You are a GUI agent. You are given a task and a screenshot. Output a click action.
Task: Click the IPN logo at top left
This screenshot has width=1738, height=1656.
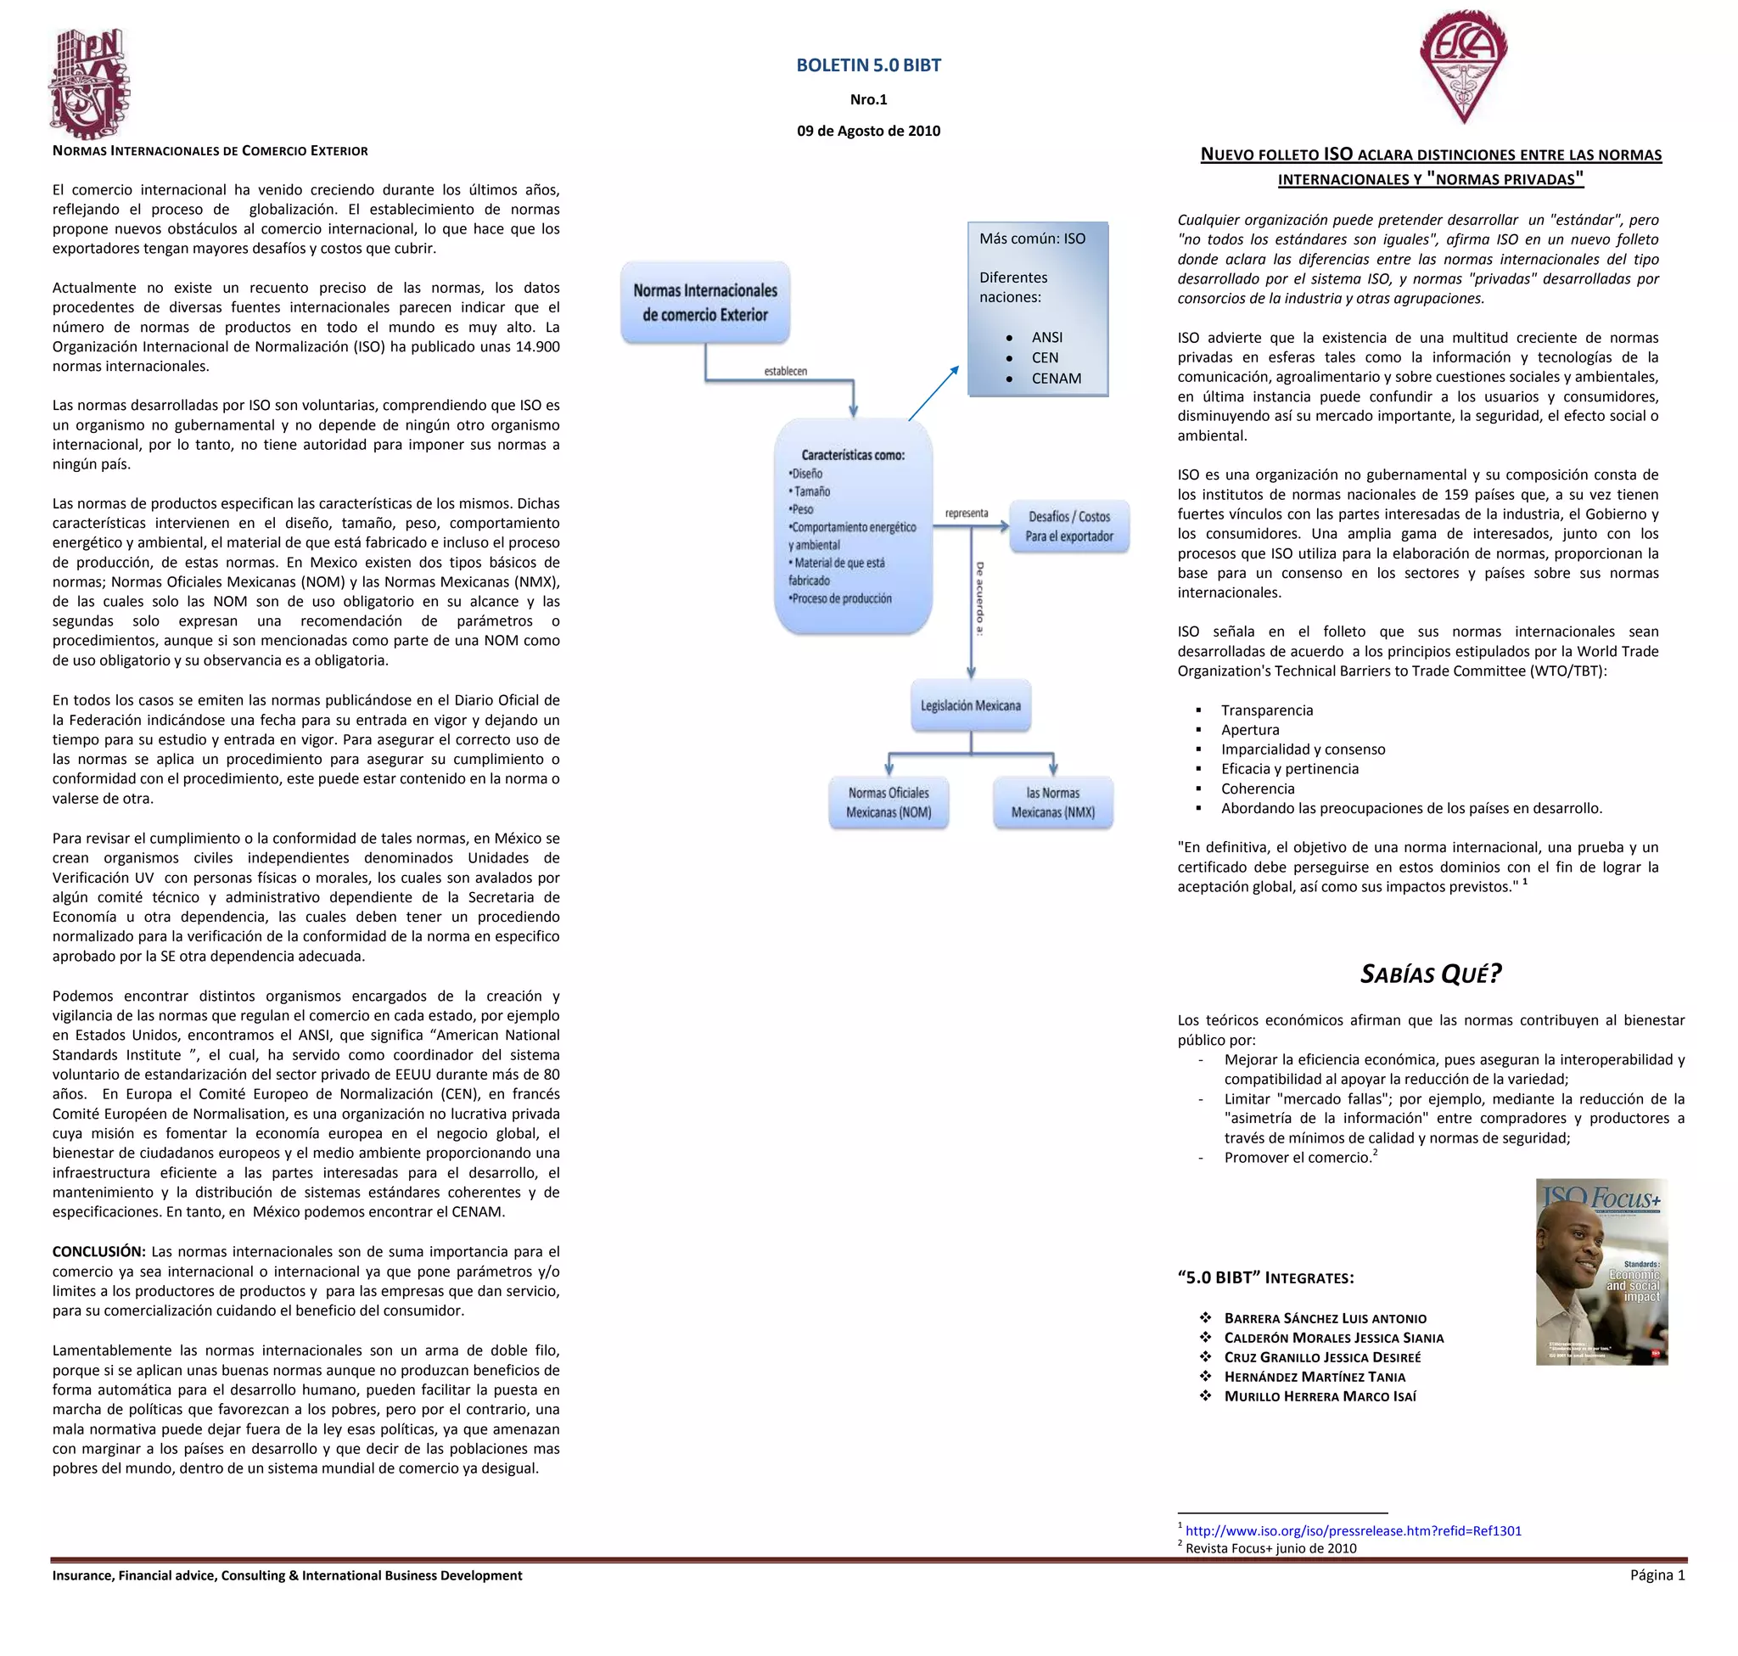point(88,84)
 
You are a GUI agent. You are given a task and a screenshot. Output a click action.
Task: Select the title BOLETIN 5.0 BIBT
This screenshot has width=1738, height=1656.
point(867,65)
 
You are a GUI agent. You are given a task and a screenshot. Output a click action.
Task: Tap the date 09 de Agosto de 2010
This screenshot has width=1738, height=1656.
point(867,131)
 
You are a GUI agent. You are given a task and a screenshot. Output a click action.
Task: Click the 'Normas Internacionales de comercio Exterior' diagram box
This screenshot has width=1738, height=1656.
point(704,303)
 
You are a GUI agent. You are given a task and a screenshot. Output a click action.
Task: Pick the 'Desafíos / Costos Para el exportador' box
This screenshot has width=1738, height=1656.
point(1068,527)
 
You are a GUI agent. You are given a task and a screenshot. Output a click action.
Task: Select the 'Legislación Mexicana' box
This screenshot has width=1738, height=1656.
point(970,705)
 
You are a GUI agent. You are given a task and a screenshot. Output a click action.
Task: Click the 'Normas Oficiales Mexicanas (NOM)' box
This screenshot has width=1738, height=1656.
point(888,802)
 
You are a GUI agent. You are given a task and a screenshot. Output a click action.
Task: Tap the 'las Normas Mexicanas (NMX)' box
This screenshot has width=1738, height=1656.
point(1052,802)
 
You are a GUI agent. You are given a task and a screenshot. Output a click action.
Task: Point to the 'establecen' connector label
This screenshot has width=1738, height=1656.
point(785,371)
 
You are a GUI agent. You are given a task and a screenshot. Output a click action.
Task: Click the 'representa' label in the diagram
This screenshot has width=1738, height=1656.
point(967,513)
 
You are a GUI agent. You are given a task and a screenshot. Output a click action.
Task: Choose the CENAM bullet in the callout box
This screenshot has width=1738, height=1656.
point(1056,379)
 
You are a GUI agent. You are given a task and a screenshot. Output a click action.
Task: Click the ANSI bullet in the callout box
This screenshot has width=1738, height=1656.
point(1047,337)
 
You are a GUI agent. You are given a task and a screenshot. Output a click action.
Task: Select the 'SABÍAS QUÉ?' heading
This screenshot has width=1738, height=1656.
point(1430,974)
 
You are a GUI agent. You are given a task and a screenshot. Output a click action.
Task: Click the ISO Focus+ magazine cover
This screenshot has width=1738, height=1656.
point(1601,1271)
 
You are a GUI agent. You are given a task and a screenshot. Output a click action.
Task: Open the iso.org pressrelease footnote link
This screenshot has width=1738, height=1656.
point(1352,1530)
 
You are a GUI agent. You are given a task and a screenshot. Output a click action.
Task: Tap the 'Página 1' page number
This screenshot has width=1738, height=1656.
point(1657,1575)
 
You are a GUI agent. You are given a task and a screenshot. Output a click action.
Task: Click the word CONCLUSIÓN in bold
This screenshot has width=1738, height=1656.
point(98,1252)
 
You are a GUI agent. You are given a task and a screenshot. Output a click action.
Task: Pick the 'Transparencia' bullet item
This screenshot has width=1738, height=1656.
point(1267,710)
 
